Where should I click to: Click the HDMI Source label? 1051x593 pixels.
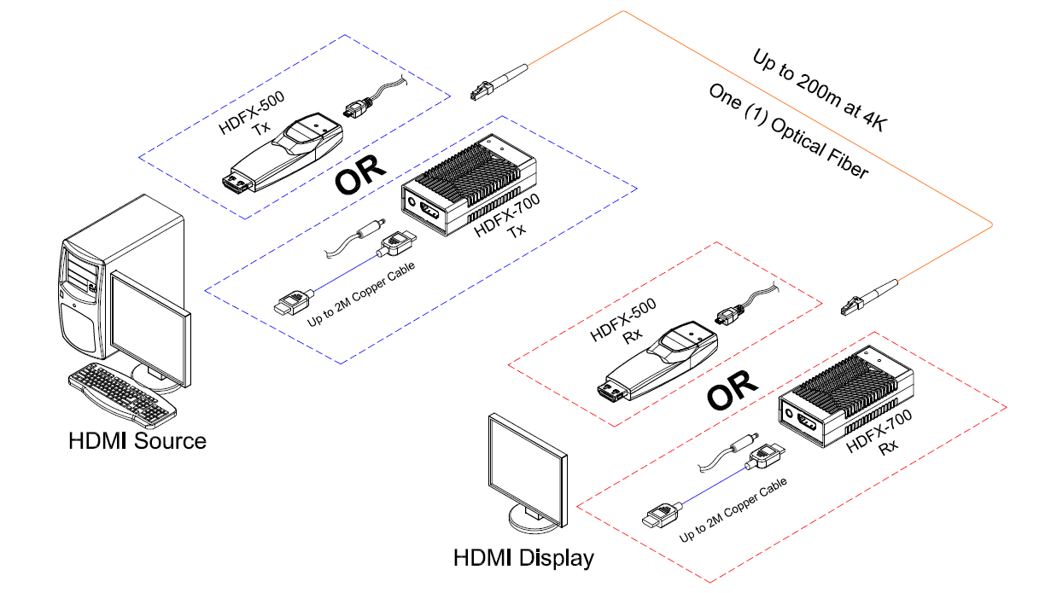tap(137, 441)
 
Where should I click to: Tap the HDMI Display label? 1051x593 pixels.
tap(523, 559)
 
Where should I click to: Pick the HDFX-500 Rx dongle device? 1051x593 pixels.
tap(657, 363)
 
